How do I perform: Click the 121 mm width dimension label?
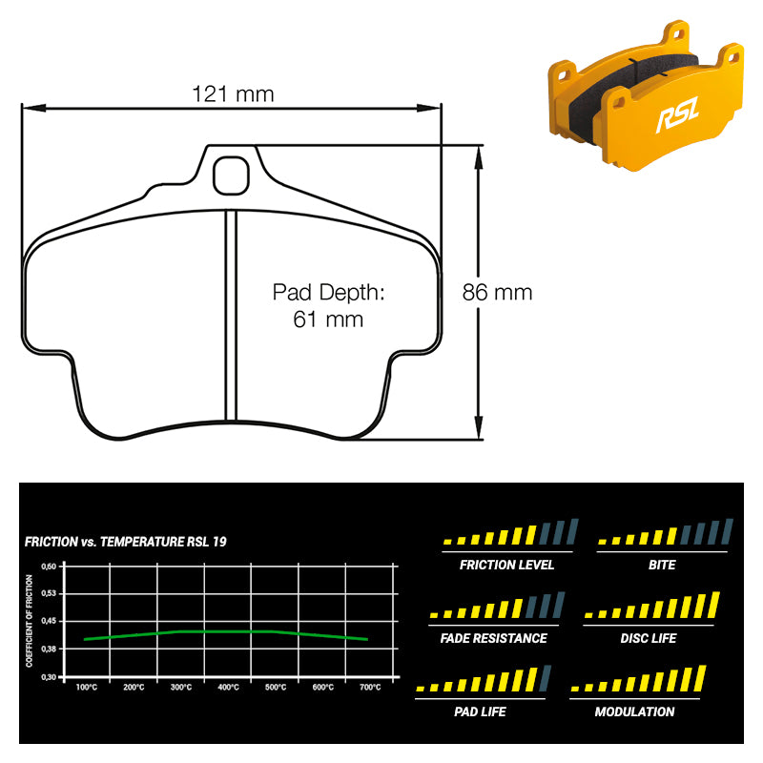(233, 93)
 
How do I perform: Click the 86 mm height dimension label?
(497, 293)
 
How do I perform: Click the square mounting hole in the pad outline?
(230, 174)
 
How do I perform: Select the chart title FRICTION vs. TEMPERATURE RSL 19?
(125, 542)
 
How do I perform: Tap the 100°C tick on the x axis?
(86, 687)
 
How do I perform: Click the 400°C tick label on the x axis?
(228, 687)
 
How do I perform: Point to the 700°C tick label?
(369, 687)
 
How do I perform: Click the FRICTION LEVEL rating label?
(506, 565)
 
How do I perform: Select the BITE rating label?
(661, 565)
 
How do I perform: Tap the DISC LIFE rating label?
(649, 638)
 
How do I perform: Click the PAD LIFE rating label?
(480, 711)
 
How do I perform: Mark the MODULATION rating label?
(634, 711)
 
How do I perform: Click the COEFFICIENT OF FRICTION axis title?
(30, 620)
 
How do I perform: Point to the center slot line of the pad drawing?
(230, 315)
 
